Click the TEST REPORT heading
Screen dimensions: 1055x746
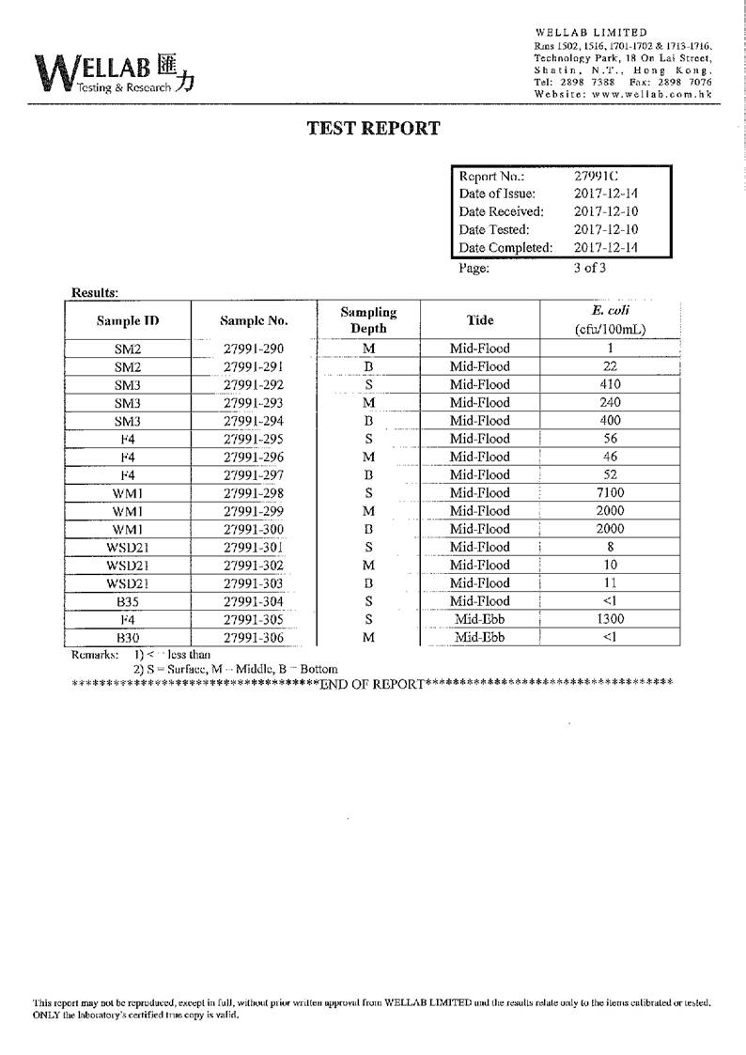[373, 129]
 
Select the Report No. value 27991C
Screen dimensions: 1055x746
[597, 176]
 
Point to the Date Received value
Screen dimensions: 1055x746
[606, 211]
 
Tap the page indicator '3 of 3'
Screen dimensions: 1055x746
[590, 267]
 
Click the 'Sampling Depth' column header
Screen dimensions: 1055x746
[368, 320]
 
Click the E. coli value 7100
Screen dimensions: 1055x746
[610, 492]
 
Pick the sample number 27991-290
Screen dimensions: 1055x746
[254, 349]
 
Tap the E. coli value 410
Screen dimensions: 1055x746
[610, 384]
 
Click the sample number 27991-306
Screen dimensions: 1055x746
[254, 637]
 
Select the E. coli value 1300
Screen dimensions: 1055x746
[610, 619]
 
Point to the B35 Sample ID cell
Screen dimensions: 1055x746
[127, 601]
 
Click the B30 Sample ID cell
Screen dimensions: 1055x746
[127, 637]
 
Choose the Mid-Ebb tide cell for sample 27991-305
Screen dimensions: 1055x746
[479, 619]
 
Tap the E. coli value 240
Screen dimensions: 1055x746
[610, 402]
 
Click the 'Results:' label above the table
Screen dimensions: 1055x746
[95, 292]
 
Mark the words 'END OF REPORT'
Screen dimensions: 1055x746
[372, 683]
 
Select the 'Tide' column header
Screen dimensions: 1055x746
[479, 320]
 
